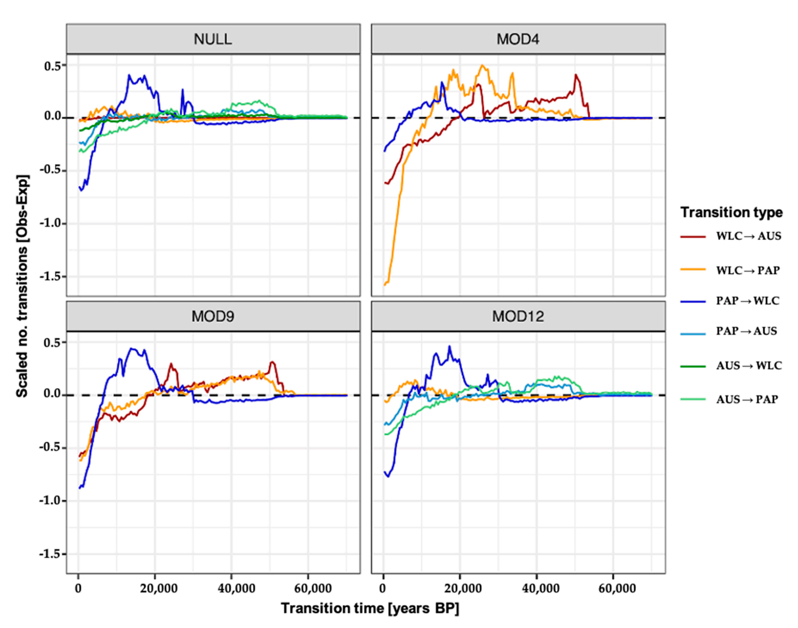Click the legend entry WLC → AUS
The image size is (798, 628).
click(x=748, y=236)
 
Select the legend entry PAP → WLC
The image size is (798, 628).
click(x=747, y=301)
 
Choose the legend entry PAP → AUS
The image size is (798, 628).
click(x=746, y=331)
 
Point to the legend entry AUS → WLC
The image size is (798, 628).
click(x=748, y=365)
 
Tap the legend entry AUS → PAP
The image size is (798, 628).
click(x=747, y=399)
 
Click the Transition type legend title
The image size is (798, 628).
click(x=731, y=212)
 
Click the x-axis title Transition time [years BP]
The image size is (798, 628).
click(x=370, y=608)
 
